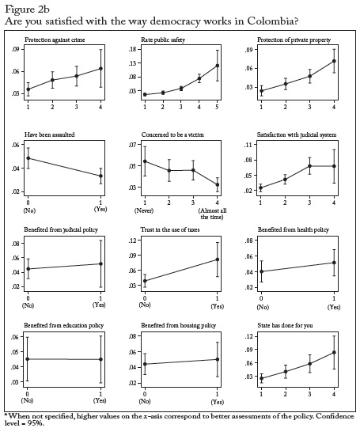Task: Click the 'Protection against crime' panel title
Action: (x=55, y=40)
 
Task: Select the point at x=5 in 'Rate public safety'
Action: (x=218, y=66)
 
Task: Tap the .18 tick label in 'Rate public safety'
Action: (x=133, y=49)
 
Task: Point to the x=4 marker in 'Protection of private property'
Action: (x=334, y=61)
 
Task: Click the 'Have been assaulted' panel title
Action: (x=49, y=134)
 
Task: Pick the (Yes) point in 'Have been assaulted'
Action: (x=100, y=176)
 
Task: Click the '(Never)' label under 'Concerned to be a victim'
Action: (x=144, y=210)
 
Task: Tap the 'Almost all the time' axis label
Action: (x=212, y=214)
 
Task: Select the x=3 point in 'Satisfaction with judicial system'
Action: (x=309, y=166)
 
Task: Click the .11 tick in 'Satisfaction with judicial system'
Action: (x=249, y=145)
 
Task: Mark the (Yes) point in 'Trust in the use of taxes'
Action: (x=218, y=259)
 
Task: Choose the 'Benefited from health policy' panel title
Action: (x=294, y=230)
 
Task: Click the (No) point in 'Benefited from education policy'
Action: (x=28, y=359)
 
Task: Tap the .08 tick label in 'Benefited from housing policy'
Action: (x=133, y=336)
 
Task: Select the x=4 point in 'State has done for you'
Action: (x=334, y=352)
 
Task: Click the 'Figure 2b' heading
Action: (x=27, y=9)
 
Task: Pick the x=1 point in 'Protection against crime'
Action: (x=28, y=89)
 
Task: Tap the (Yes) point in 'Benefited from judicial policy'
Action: (x=100, y=263)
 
